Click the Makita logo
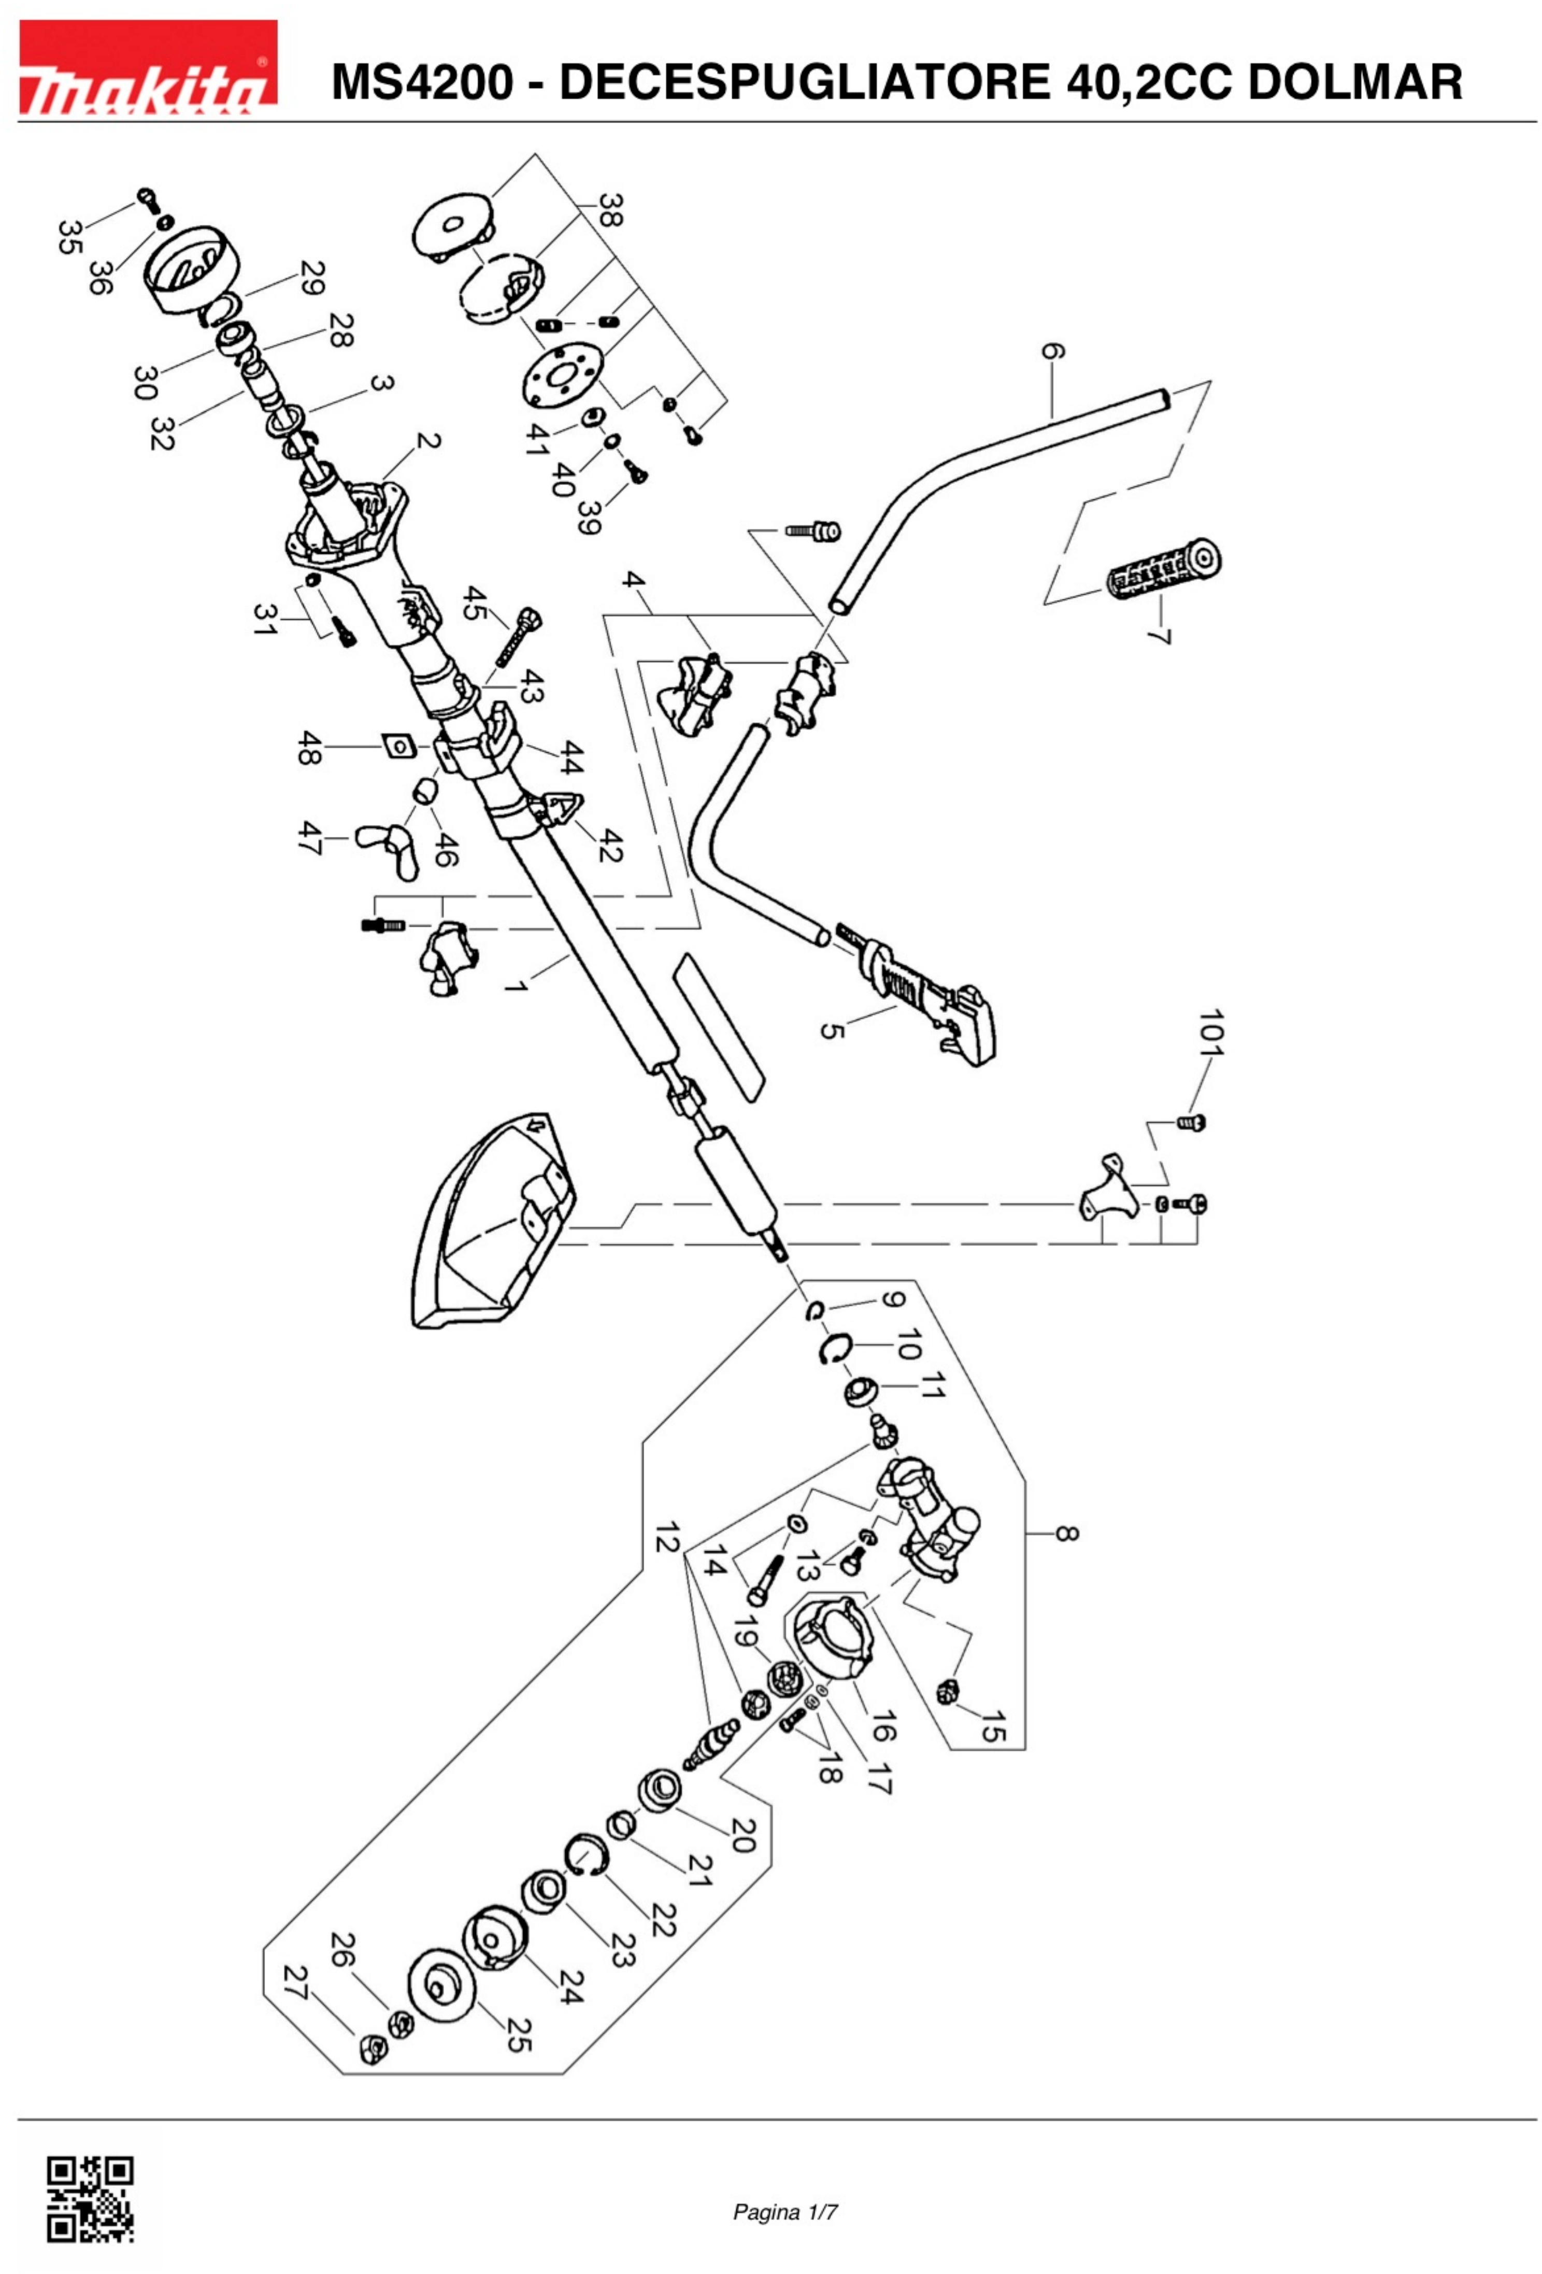click(x=148, y=68)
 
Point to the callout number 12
click(x=666, y=1537)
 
